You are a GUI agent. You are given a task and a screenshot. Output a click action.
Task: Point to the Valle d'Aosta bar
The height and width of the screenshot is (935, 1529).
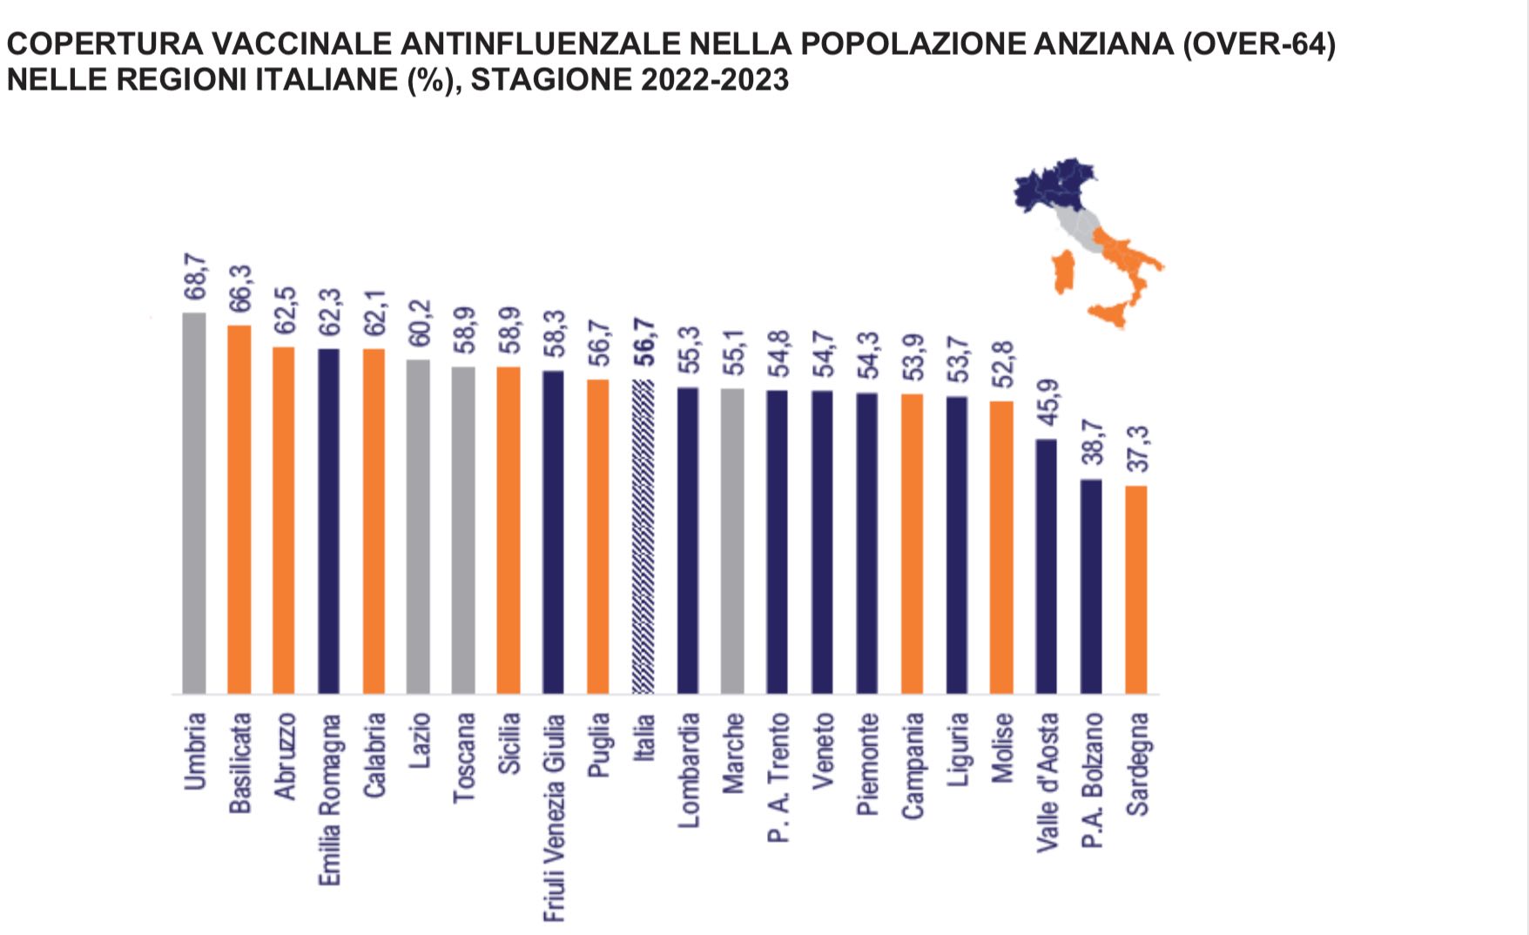(x=1046, y=566)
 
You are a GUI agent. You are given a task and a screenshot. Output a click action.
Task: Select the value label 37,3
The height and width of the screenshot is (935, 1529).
(x=1137, y=449)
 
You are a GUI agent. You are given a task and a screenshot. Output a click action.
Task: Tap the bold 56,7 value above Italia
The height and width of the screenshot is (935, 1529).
(x=644, y=345)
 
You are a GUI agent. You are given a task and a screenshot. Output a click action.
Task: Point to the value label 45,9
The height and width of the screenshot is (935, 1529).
(x=1047, y=403)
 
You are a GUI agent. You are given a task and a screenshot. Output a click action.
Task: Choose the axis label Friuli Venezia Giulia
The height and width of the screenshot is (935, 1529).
(x=555, y=817)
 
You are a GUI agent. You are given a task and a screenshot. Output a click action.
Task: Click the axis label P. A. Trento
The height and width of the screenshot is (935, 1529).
(x=778, y=777)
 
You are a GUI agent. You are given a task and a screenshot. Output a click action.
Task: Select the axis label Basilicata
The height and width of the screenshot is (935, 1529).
(x=239, y=763)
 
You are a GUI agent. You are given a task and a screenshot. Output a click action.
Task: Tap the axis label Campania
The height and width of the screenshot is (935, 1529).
(x=913, y=765)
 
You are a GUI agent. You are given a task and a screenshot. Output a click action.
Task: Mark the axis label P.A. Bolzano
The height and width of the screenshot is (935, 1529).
(x=1092, y=780)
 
